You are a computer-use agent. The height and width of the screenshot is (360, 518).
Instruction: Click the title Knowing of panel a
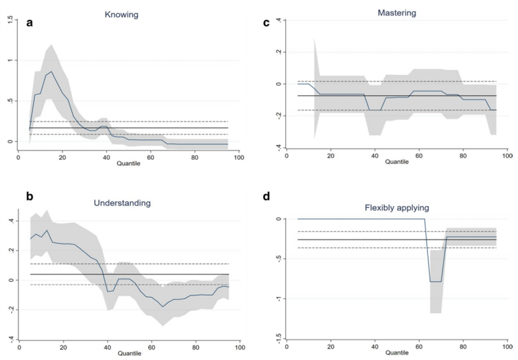(121, 14)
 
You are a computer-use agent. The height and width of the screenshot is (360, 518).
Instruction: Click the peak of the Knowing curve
(51, 72)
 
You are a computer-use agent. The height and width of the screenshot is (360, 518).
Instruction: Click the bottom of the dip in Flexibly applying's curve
(436, 282)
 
